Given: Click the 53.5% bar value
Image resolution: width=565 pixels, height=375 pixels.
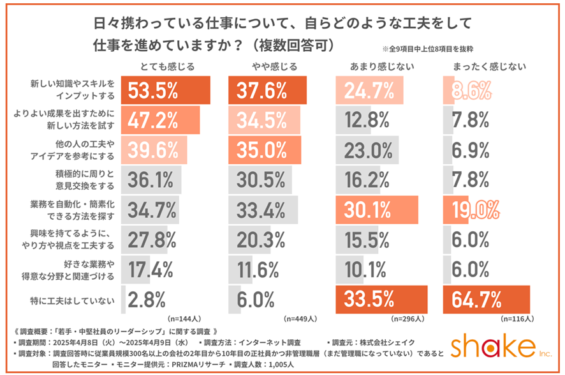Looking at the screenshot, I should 153,91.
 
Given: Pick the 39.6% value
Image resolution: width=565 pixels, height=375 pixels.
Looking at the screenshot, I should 153,150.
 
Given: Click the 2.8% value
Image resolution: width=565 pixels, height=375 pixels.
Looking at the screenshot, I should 147,299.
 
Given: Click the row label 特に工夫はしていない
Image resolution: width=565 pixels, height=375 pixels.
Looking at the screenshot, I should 75,299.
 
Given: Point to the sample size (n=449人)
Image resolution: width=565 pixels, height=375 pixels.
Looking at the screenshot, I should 296,318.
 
